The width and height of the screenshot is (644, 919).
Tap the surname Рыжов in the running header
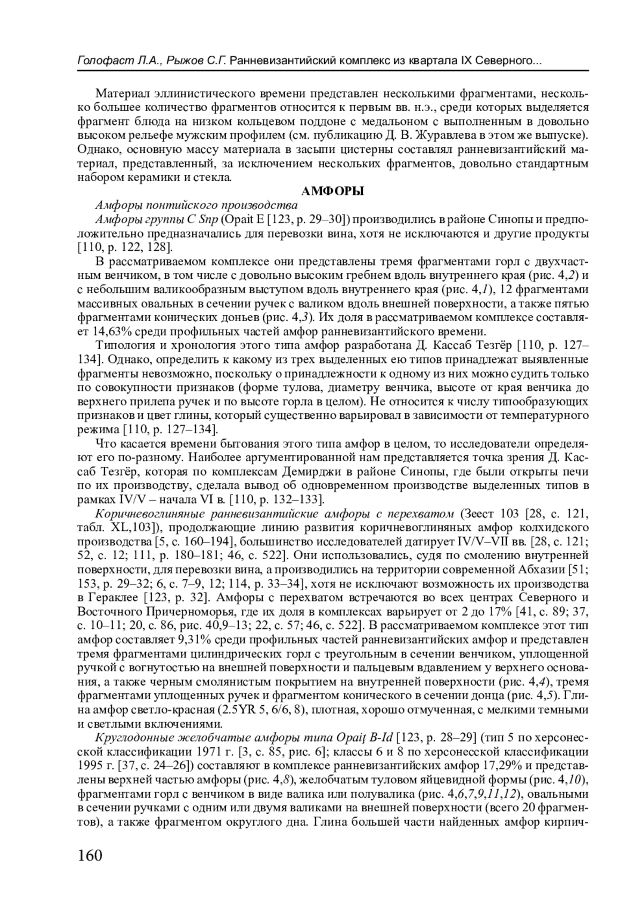pyautogui.click(x=182, y=61)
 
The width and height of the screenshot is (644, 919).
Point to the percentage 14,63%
pyautogui.click(x=109, y=330)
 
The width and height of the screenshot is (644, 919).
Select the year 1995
pyautogui.click(x=89, y=765)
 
